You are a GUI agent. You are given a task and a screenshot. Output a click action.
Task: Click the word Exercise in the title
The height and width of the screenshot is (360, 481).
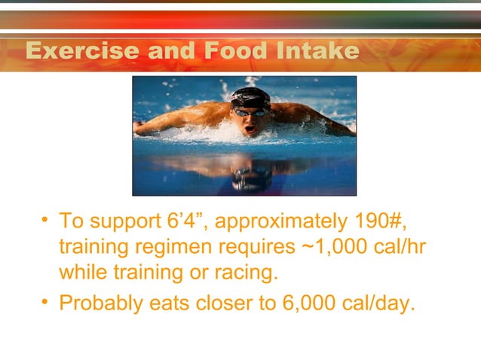coord(81,51)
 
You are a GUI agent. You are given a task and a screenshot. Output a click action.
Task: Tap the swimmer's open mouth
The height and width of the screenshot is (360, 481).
coord(249,127)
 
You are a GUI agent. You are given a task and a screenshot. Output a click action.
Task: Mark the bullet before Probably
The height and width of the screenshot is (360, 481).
coord(46,303)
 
